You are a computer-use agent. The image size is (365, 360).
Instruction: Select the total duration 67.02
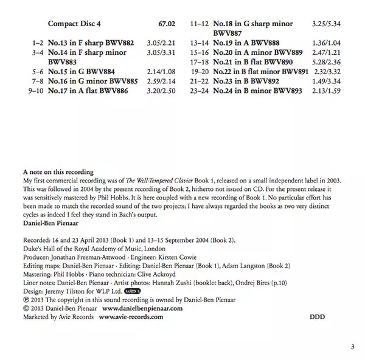click(x=165, y=24)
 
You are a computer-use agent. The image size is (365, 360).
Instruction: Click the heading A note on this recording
click(x=58, y=173)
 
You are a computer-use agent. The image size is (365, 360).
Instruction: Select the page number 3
click(x=352, y=347)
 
